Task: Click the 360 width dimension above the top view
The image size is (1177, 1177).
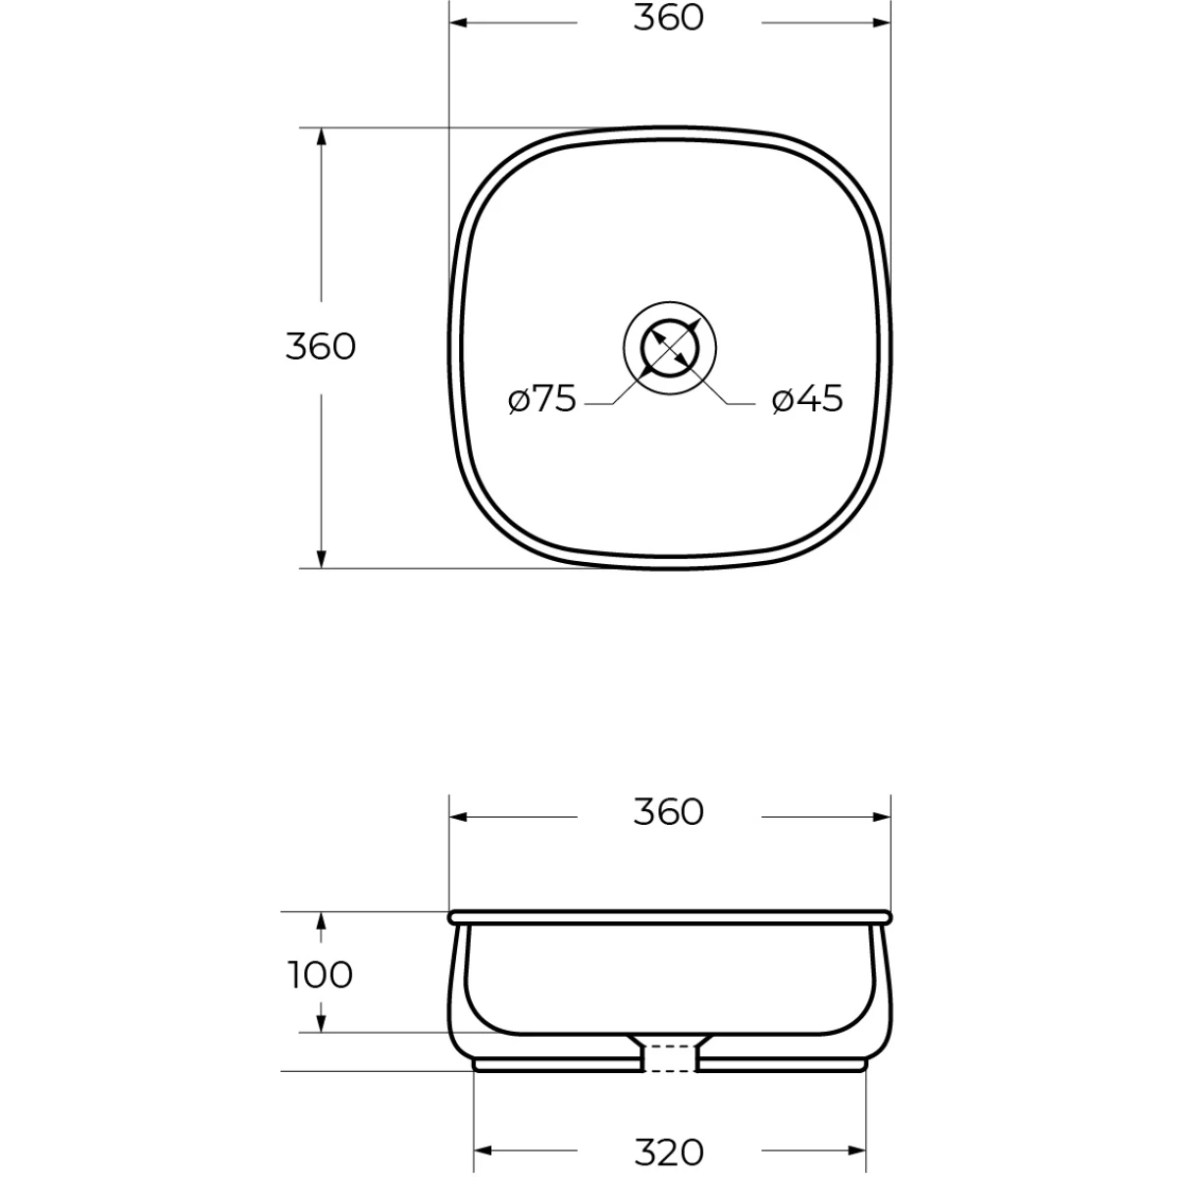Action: [x=668, y=19]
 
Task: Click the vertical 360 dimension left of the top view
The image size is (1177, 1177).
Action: [x=321, y=347]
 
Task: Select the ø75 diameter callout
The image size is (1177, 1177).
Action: [x=542, y=399]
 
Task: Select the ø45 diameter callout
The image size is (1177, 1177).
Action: [x=807, y=399]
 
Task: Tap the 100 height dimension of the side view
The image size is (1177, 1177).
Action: [x=321, y=974]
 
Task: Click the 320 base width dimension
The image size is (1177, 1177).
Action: [x=670, y=1151]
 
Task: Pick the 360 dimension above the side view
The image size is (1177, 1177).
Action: [x=668, y=812]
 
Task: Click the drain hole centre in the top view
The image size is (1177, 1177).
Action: [x=670, y=348]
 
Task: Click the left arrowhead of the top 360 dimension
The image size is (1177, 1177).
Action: [x=458, y=23]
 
